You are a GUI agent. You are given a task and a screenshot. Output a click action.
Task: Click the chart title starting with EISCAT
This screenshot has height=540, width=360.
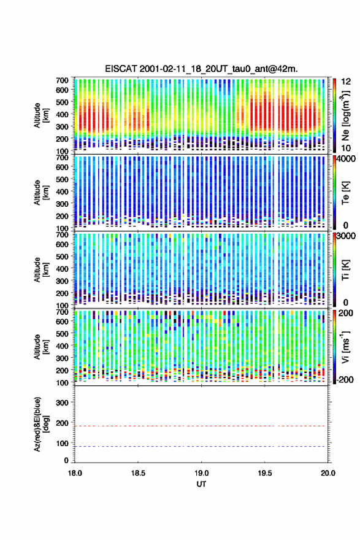[201, 69]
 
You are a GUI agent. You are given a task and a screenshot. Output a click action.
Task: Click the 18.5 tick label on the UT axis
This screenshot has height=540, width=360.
[138, 473]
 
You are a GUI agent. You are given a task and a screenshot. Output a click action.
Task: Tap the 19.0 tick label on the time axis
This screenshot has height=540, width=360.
[201, 473]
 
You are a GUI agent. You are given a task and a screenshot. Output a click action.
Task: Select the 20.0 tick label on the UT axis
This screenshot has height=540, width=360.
[328, 473]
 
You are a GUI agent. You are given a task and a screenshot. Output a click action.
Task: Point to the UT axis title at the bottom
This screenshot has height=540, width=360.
[201, 484]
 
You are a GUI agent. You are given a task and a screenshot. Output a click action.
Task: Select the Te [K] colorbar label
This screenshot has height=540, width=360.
[345, 193]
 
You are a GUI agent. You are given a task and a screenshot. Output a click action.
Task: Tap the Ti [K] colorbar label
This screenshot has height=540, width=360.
[345, 270]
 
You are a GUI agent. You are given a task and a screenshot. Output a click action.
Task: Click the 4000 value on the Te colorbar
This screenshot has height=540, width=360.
[347, 160]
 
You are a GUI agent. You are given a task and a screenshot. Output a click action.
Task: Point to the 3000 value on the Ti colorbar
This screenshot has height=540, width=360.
[347, 236]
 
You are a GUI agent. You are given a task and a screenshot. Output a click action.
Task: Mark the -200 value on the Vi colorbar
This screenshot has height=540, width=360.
[345, 379]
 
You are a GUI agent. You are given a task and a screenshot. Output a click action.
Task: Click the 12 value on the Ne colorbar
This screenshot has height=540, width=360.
[347, 82]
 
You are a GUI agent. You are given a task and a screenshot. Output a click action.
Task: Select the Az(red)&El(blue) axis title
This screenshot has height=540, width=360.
[41, 424]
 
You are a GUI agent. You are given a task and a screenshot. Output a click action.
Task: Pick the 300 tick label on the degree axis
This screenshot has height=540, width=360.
[63, 403]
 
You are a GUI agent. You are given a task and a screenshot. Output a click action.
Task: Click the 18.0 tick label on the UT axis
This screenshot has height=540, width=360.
[75, 473]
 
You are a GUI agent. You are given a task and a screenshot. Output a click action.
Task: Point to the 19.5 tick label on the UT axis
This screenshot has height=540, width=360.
[265, 473]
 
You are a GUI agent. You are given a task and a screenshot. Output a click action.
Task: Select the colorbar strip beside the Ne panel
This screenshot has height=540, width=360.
[334, 116]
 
